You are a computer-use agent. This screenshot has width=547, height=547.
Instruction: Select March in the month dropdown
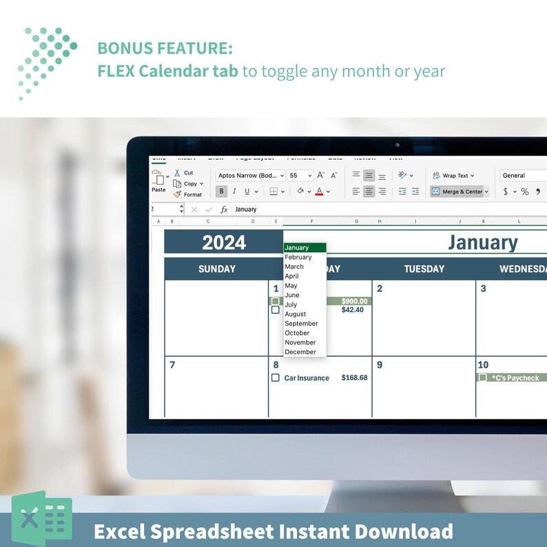point(294,267)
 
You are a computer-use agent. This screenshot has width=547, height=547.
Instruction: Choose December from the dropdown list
point(300,352)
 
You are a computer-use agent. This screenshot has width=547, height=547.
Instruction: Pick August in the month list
point(296,314)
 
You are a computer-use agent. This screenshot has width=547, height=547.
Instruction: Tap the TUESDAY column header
point(424,269)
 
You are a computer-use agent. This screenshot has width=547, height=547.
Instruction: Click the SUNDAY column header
point(217,269)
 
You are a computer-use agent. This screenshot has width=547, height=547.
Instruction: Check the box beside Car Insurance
point(276,378)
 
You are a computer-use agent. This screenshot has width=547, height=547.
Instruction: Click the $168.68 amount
point(354,378)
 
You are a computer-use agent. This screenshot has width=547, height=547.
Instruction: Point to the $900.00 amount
point(355,301)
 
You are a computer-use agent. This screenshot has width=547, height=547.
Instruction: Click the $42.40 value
point(352,310)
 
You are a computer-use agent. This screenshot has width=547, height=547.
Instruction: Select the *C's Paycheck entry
point(515,378)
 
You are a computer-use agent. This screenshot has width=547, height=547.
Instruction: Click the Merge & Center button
point(460,192)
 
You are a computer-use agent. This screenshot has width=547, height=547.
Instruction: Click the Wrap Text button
point(453,176)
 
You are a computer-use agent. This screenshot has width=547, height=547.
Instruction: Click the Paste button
point(158,181)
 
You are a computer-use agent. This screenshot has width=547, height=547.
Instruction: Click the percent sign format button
point(524,192)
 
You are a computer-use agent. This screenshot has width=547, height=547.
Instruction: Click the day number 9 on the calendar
point(380,365)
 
